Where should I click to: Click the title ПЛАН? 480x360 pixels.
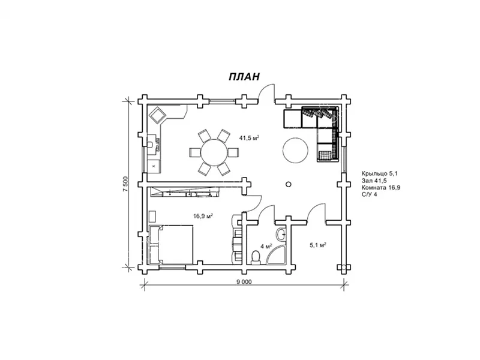[244, 77]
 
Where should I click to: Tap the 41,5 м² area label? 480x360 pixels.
[249, 138]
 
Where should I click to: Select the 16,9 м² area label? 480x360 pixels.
[203, 216]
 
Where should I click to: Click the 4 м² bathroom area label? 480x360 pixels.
[266, 246]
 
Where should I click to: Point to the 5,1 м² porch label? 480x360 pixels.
[318, 245]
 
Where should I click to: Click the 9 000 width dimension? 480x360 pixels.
[244, 282]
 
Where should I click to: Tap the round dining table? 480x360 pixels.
[214, 152]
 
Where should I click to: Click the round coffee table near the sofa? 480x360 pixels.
[295, 151]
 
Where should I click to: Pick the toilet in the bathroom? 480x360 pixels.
[256, 258]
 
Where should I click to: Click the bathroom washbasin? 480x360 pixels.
[281, 235]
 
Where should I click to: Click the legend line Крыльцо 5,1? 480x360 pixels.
[379, 173]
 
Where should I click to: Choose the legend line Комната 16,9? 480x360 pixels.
[381, 188]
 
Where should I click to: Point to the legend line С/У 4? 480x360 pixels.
[369, 194]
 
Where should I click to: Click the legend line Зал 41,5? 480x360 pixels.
[374, 181]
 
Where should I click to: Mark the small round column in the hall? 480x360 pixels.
[288, 184]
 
